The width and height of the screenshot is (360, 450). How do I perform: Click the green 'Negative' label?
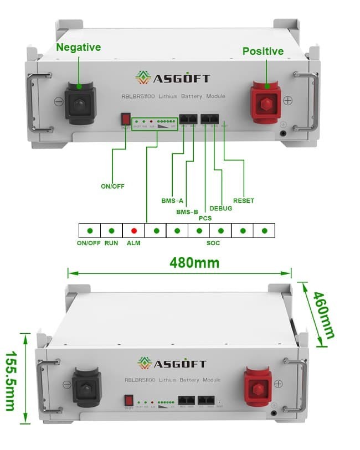[78, 48]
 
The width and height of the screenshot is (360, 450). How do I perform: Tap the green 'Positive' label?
[263, 51]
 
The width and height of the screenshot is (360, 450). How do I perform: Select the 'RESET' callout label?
[244, 200]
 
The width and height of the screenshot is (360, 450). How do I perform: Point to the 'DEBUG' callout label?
[221, 208]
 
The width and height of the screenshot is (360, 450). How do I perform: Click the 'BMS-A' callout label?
[172, 200]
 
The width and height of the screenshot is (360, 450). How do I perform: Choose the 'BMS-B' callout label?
[187, 212]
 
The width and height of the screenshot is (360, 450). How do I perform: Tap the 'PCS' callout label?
[205, 219]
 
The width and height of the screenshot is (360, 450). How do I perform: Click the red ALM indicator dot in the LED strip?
[133, 230]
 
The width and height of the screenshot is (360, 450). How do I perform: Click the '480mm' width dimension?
[194, 262]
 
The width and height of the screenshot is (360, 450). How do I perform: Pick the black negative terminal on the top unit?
[80, 102]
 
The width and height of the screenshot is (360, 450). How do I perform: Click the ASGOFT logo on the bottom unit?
[172, 364]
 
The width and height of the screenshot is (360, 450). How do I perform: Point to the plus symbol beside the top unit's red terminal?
[287, 101]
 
